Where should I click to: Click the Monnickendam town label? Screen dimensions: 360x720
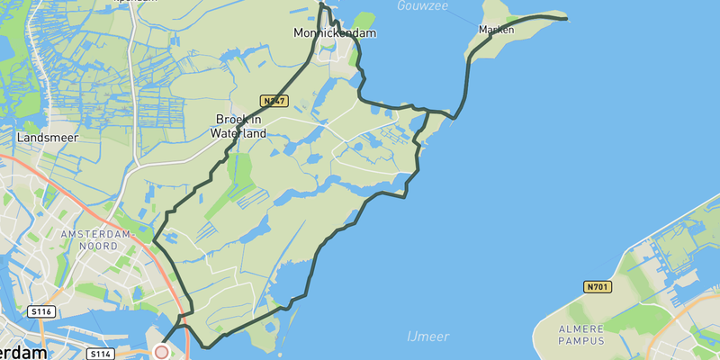pos(334,33)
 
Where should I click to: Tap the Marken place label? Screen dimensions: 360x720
pos(497,30)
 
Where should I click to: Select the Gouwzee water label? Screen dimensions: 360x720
pos(421,6)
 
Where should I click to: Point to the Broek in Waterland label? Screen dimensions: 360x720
pos(238,126)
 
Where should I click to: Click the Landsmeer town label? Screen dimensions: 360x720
pos(48,138)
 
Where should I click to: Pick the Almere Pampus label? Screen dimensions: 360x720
pos(585,335)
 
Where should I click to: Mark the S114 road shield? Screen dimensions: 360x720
pos(101,355)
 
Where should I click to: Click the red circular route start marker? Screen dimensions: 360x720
pos(162,352)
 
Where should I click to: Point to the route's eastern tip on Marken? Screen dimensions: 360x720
pos(566,18)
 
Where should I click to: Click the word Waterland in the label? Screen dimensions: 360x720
pos(238,133)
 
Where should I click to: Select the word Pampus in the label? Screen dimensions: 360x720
pos(585,342)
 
